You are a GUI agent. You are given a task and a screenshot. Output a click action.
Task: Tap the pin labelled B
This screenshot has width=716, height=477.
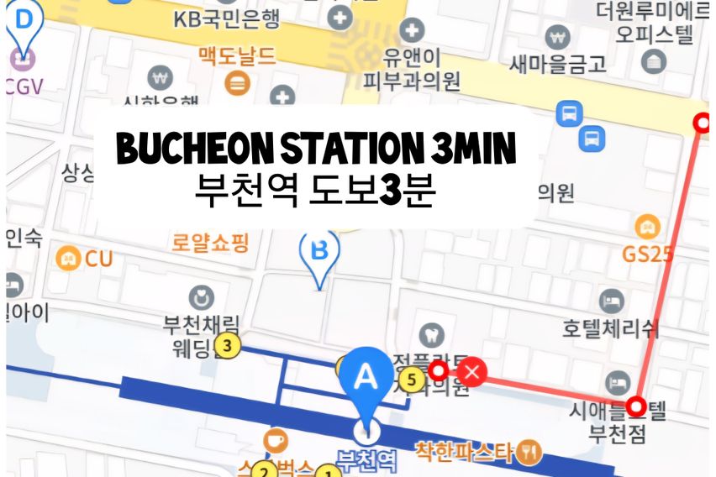point(319,250)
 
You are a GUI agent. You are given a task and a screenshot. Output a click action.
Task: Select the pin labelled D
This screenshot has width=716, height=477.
point(23,21)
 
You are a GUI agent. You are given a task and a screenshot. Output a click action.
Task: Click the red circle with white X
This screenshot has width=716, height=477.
point(474,371)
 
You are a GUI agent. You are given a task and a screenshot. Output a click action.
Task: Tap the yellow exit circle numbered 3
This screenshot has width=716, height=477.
point(227,344)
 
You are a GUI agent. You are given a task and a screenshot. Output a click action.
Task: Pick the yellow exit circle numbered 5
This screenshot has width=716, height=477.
point(411,380)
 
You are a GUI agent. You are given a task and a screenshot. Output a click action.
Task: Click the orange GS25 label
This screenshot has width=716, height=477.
point(647,253)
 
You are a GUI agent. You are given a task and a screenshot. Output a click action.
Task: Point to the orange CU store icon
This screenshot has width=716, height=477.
point(69,258)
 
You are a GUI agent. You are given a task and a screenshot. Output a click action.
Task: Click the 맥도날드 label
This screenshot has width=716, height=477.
point(238,57)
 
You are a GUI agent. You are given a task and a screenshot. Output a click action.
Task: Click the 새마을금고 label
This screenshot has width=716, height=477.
point(558,63)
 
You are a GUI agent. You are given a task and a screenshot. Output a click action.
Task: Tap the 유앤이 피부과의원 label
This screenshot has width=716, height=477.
point(411,70)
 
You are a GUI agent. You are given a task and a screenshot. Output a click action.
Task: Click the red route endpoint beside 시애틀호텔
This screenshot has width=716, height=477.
point(638,408)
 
